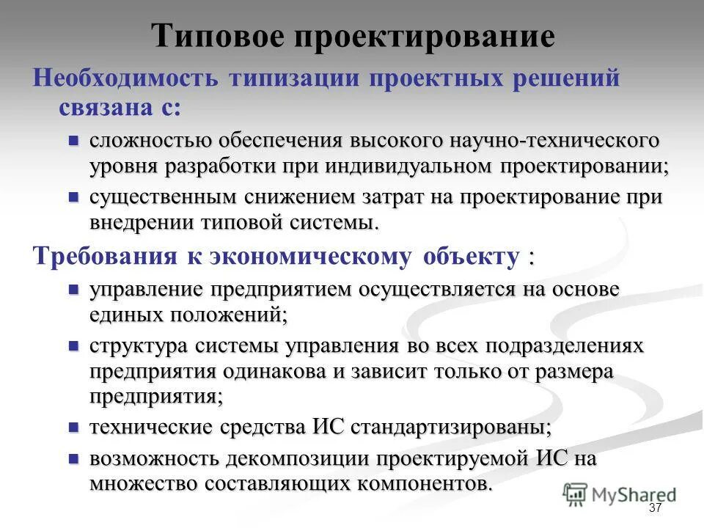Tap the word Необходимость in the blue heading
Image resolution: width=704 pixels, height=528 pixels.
coord(125,78)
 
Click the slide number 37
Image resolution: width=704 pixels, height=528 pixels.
coord(656,509)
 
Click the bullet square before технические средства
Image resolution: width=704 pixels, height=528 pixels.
coord(73,426)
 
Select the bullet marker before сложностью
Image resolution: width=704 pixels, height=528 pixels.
coord(73,139)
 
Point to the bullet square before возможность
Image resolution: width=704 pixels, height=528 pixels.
coord(73,458)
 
